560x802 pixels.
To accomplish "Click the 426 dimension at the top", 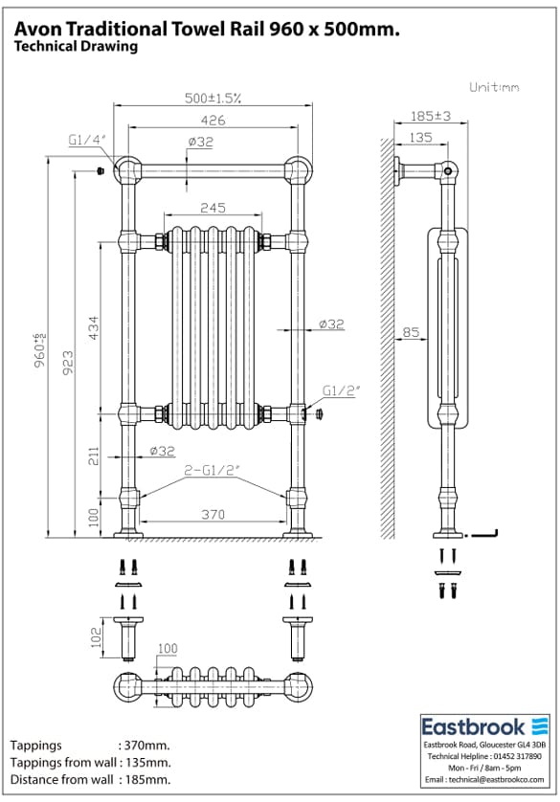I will [x=213, y=120].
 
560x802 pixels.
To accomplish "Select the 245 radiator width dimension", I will [x=213, y=209].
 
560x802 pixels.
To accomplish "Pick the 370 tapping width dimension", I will [x=213, y=515].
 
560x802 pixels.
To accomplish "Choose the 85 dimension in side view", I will [x=410, y=333].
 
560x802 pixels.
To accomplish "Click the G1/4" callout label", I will [x=87, y=140].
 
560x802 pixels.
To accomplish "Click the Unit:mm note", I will [x=494, y=87].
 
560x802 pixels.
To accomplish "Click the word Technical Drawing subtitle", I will [x=76, y=46].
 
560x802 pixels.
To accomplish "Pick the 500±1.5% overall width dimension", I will [x=213, y=98].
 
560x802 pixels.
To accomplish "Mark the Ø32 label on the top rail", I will [x=200, y=142].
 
